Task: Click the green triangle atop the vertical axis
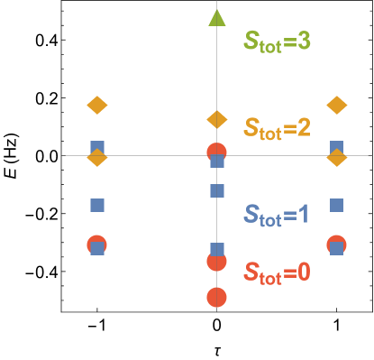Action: pyautogui.click(x=216, y=16)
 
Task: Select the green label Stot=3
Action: pyautogui.click(x=277, y=41)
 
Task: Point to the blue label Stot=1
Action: pyautogui.click(x=277, y=215)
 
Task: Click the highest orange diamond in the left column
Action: pyautogui.click(x=96, y=106)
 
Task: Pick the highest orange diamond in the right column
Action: pyautogui.click(x=336, y=106)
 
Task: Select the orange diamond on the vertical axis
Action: pyautogui.click(x=216, y=119)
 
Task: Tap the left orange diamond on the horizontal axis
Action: pyautogui.click(x=96, y=158)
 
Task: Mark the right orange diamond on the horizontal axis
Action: pyautogui.click(x=336, y=158)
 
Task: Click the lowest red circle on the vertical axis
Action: pyautogui.click(x=216, y=297)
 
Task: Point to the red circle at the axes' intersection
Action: pyautogui.click(x=216, y=151)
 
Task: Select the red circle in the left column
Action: pyautogui.click(x=96, y=244)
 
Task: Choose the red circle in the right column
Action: pyautogui.click(x=336, y=244)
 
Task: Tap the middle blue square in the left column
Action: pyautogui.click(x=96, y=205)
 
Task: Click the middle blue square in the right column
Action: pyautogui.click(x=336, y=205)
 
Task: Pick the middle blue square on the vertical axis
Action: pyautogui.click(x=216, y=190)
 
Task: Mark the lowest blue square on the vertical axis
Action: pyautogui.click(x=216, y=249)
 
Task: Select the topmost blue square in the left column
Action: pyautogui.click(x=96, y=147)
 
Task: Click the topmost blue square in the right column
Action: pyautogui.click(x=336, y=147)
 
